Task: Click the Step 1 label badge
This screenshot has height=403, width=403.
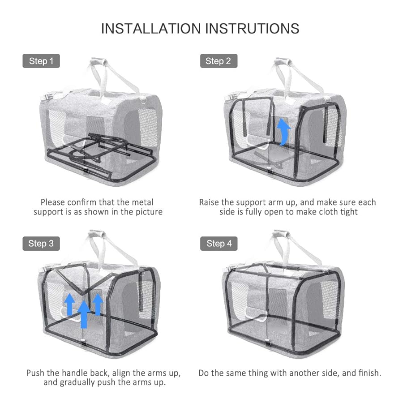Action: pyautogui.click(x=41, y=61)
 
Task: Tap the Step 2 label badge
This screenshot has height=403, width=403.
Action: pyautogui.click(x=218, y=61)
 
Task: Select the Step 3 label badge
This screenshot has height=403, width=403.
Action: pyautogui.click(x=41, y=244)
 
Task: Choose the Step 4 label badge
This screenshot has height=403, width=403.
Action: pyautogui.click(x=219, y=244)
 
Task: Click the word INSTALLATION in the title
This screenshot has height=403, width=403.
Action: pyautogui.click(x=151, y=28)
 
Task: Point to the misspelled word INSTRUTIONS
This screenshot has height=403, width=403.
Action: pyautogui.click(x=252, y=28)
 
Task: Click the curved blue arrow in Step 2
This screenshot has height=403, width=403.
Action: pyautogui.click(x=283, y=132)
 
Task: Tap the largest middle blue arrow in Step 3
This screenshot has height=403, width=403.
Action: pyautogui.click(x=84, y=313)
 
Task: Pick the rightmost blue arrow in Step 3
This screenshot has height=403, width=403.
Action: pyautogui.click(x=98, y=304)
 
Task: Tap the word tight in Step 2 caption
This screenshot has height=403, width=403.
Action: pyautogui.click(x=348, y=212)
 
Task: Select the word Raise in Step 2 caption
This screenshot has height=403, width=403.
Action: pyautogui.click(x=210, y=202)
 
